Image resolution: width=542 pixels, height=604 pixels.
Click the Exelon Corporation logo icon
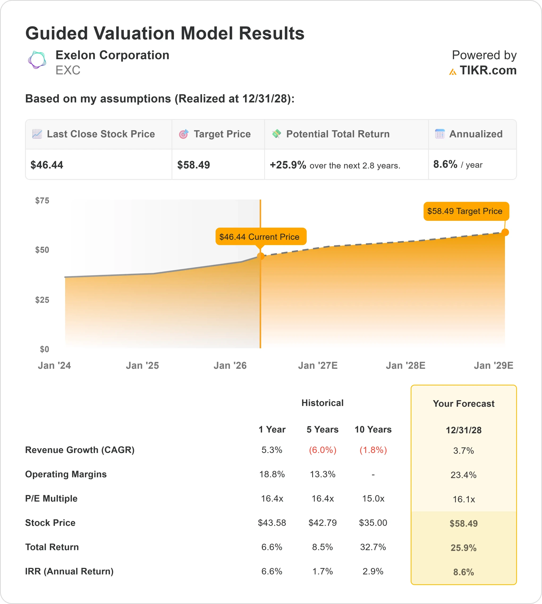[x=37, y=60]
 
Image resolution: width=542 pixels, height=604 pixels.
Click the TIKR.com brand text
[x=488, y=71]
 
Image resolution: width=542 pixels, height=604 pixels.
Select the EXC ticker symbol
[x=68, y=70]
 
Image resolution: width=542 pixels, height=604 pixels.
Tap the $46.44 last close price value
[x=47, y=165]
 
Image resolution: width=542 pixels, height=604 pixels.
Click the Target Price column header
[x=222, y=134]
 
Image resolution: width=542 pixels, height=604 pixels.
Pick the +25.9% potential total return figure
[x=288, y=165]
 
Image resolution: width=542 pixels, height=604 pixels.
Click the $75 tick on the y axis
[x=42, y=200]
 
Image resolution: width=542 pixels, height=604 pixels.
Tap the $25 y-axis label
[x=42, y=300]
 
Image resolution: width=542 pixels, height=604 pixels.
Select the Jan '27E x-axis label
[x=318, y=365]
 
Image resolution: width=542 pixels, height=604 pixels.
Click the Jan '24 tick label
[x=54, y=365]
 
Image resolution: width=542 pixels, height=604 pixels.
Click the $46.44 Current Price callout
[x=259, y=237]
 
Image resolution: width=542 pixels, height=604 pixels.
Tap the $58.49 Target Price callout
[x=465, y=211]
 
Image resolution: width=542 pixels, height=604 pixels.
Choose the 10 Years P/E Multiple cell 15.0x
[x=373, y=498]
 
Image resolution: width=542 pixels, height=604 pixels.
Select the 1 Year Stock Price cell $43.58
[x=272, y=523]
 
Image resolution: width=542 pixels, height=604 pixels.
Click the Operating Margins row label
[x=66, y=474]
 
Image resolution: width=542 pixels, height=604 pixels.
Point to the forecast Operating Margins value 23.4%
[x=463, y=475]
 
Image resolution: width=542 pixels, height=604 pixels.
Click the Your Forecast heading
[x=463, y=404]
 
